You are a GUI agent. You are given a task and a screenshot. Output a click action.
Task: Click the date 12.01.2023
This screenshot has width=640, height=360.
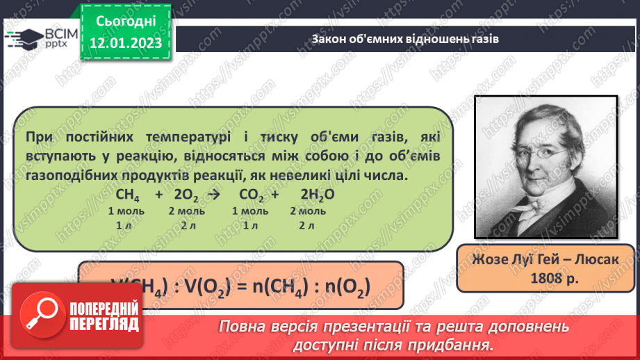pos(126,43)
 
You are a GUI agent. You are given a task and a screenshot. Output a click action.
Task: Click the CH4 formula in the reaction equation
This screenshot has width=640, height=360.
pos(128,195)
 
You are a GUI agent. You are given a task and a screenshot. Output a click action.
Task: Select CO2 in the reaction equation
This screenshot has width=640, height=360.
pos(251,195)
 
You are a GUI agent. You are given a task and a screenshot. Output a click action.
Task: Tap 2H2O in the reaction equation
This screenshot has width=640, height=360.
pos(318,195)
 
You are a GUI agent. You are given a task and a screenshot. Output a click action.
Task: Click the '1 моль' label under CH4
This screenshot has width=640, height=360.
pos(125,211)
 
